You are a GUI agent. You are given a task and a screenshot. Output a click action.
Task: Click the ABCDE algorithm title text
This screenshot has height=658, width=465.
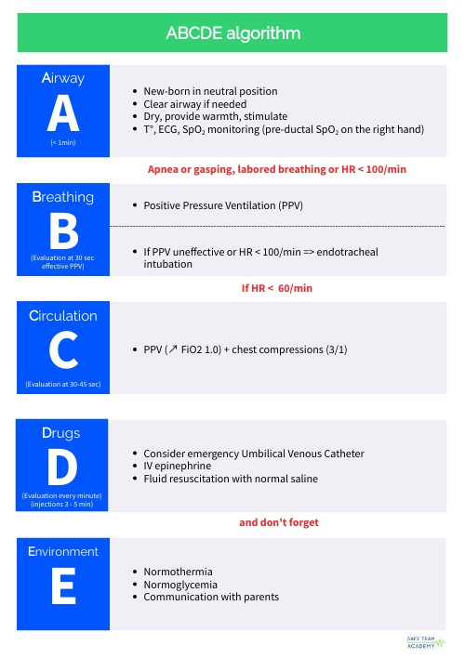pos(232,33)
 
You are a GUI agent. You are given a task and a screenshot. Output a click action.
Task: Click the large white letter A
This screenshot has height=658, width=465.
pos(63,114)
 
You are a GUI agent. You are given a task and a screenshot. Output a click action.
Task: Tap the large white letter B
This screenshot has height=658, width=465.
pos(63,230)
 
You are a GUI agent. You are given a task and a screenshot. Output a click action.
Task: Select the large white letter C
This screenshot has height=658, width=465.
pos(63,350)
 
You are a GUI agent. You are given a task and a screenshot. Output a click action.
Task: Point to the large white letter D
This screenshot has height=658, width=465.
pos(63,467)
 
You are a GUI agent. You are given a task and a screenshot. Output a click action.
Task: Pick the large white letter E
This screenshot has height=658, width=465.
pos(63,586)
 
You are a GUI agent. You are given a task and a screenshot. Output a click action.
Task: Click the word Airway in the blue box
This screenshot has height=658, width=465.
pos(63,80)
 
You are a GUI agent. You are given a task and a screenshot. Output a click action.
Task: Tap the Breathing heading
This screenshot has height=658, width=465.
pos(63,197)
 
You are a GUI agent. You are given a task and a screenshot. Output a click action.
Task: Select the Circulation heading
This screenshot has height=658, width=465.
pos(63,316)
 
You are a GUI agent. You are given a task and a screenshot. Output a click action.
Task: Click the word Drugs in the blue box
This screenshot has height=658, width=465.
pos(63,433)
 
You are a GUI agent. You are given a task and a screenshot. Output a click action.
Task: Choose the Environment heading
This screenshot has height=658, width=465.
pos(63,551)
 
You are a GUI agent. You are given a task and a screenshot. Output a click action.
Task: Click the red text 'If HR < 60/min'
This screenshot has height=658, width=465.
pos(277,288)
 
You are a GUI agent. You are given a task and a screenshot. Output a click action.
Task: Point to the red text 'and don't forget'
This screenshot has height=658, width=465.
pos(279,522)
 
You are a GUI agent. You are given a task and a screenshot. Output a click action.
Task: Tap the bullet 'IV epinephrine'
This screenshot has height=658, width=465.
pos(178,466)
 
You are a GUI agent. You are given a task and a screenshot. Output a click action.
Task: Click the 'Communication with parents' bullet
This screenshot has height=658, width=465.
pos(211,597)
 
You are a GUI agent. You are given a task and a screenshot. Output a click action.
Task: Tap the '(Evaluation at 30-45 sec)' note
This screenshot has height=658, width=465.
pos(63,383)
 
